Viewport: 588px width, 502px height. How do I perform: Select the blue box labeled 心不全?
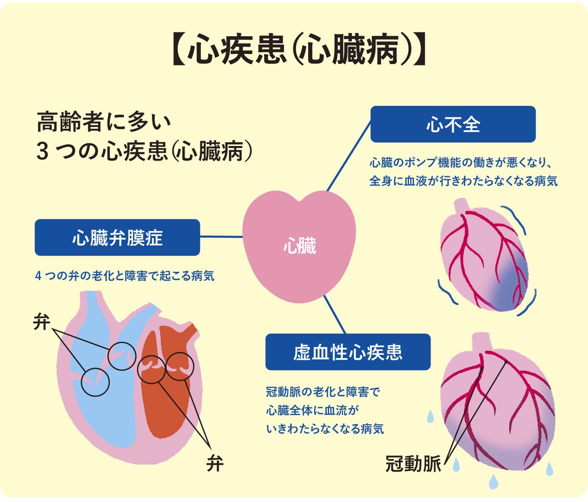coord(453,124)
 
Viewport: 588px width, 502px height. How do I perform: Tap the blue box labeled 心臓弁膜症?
coord(117,238)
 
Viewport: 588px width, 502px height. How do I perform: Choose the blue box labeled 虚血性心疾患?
coord(348,352)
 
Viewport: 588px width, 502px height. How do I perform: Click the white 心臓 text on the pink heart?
coord(299,246)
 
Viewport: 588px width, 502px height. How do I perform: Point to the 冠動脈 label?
coord(414,463)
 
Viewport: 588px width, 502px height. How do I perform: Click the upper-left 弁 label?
coord(42,323)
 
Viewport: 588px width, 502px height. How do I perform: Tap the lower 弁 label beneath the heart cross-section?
coord(215,463)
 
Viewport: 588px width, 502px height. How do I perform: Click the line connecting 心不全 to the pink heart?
coord(349,157)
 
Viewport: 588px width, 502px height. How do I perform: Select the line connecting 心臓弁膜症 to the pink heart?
coord(221,237)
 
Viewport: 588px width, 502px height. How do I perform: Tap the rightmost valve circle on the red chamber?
coord(180,365)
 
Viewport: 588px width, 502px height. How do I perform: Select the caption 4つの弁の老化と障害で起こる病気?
coord(125,276)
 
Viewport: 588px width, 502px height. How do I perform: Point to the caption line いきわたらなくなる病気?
coord(325,429)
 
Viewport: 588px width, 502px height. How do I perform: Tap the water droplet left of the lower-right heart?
coord(430,417)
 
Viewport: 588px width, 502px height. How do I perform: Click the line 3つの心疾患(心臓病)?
coord(145,152)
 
